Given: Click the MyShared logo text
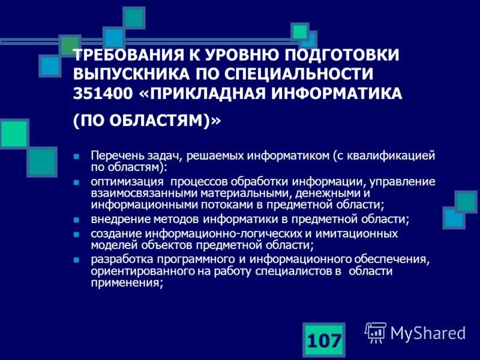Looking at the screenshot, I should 428,332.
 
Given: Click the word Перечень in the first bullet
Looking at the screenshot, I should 116,155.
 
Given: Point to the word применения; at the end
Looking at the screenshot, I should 127,284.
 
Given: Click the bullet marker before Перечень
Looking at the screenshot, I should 76,155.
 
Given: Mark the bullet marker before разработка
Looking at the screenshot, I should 76,260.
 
